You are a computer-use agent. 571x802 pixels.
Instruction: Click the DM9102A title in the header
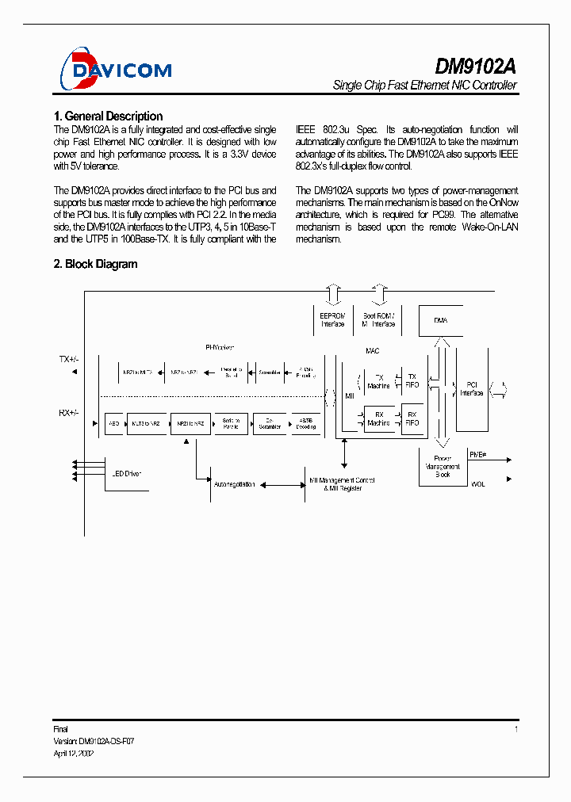point(476,65)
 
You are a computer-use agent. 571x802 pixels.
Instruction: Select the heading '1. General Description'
point(108,116)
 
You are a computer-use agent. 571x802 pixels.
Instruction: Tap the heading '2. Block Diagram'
point(95,264)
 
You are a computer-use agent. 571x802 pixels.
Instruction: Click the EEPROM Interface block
point(332,319)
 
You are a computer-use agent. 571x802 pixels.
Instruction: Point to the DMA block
point(440,320)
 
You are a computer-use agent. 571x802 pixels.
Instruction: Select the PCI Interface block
point(473,389)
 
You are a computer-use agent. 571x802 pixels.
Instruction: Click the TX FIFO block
point(412,381)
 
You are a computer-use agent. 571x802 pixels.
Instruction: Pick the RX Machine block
point(378,418)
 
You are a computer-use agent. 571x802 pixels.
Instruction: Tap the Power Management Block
point(443,466)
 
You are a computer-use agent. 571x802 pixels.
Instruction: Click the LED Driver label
point(126,474)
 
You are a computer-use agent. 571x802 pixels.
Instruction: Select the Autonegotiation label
point(234,484)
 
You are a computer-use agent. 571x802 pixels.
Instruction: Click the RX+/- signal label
point(69,413)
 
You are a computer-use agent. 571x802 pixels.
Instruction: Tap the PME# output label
point(477,454)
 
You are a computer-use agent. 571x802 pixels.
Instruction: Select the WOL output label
point(477,483)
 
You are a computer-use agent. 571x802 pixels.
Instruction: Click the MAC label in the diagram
point(373,349)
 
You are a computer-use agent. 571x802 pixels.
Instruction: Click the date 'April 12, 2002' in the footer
point(73,754)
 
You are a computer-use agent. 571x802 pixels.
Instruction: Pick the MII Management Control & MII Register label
point(343,484)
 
